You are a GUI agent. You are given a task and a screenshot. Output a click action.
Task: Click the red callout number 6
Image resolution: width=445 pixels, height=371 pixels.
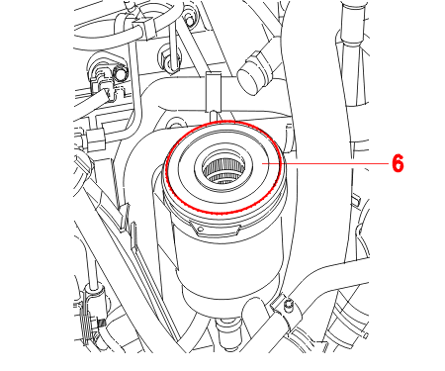point(398,163)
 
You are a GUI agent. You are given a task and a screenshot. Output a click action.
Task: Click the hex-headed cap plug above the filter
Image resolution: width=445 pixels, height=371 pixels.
point(254,73)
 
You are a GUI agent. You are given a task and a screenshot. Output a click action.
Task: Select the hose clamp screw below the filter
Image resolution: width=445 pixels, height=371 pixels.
point(289,304)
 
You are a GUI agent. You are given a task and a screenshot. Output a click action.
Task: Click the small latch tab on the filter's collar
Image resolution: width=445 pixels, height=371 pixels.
point(200,230)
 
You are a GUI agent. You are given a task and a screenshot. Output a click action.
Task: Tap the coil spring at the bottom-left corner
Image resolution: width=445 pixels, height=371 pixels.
point(86,326)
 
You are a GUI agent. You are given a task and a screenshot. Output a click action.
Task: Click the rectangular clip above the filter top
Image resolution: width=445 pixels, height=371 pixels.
point(214,92)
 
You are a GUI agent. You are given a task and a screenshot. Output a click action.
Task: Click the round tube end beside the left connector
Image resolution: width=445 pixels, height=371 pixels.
point(121,73)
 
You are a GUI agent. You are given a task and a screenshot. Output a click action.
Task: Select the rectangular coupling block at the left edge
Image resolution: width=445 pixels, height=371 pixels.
point(95,139)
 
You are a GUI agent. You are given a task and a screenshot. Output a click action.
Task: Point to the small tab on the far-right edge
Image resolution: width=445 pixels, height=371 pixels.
point(356,201)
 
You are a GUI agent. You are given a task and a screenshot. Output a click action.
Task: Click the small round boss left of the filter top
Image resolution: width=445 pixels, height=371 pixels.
point(175,126)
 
